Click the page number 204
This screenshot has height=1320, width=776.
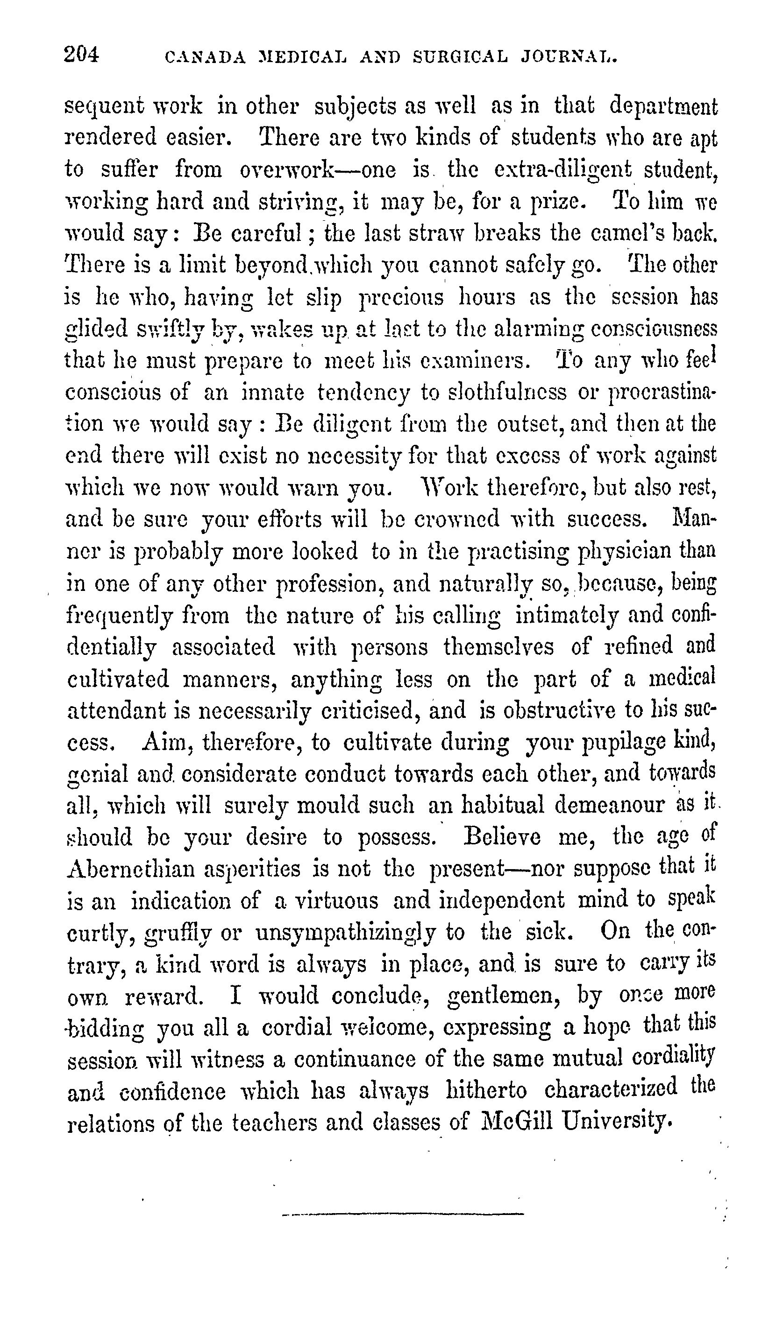point(81,55)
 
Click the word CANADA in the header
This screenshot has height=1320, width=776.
point(205,57)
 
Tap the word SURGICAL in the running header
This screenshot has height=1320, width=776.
point(460,57)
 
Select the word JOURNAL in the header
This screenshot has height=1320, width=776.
point(570,57)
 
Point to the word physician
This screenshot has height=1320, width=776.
point(625,552)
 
